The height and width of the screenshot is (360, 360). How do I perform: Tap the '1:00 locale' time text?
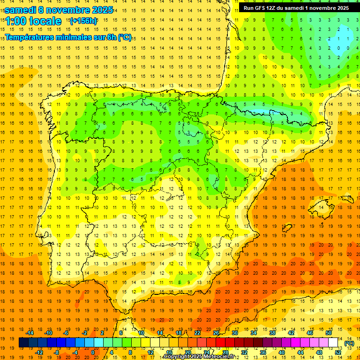(x=33, y=21)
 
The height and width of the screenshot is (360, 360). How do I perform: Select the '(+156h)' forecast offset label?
(x=83, y=21)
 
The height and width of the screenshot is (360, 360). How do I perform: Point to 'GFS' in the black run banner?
(x=262, y=8)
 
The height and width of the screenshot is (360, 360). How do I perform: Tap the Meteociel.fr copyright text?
(x=199, y=357)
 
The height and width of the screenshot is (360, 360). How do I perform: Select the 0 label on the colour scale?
(x=93, y=352)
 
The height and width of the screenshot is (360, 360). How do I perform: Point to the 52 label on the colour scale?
(x=338, y=352)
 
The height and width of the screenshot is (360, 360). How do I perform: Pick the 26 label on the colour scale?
(x=216, y=333)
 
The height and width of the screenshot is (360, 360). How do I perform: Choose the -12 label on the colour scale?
(x=39, y=352)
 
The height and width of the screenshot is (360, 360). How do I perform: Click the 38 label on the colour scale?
(x=272, y=333)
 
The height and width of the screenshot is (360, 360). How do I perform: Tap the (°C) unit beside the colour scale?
(x=349, y=343)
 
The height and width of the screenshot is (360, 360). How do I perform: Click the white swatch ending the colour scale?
(x=333, y=343)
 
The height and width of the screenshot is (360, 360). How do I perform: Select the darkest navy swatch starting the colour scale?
(x=23, y=343)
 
